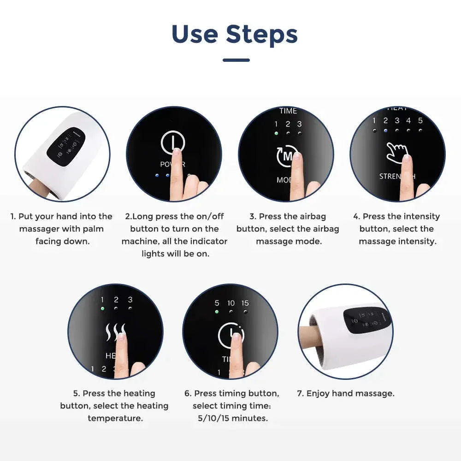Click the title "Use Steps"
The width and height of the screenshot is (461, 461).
tap(234, 34)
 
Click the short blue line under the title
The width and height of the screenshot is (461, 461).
tap(236, 60)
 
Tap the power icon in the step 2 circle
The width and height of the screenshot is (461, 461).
tap(173, 142)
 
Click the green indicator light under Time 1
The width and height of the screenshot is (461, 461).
tap(276, 133)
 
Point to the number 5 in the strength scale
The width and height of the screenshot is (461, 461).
tap(420, 121)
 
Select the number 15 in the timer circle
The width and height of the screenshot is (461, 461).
tap(245, 303)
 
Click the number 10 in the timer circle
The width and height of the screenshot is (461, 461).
tap(231, 303)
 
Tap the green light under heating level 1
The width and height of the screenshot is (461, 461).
tap(102, 308)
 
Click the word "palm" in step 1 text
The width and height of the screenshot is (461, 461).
tap(94, 229)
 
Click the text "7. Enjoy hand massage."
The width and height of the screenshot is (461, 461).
tap(345, 393)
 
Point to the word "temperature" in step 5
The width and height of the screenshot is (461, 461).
tap(115, 418)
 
